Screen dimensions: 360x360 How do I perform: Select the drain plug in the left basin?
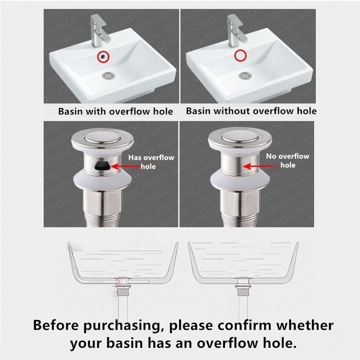coord(108,75)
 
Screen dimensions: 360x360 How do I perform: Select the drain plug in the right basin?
coord(245,75)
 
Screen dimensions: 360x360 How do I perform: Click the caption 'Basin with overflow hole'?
coord(116,111)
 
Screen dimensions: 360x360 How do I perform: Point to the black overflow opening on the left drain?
coord(103,165)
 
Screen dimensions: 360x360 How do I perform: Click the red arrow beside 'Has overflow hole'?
coord(126,166)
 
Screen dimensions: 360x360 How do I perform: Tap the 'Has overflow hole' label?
coord(151,162)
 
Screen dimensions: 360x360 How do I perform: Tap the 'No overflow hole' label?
coord(288,161)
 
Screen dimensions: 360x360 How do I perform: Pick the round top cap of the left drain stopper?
coord(103,138)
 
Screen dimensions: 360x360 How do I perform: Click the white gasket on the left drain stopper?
coord(103,181)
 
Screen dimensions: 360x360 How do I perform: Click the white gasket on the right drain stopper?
coord(239,181)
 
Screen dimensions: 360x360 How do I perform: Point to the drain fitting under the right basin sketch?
coord(243,287)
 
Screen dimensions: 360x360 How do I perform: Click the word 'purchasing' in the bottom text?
coord(121,325)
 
